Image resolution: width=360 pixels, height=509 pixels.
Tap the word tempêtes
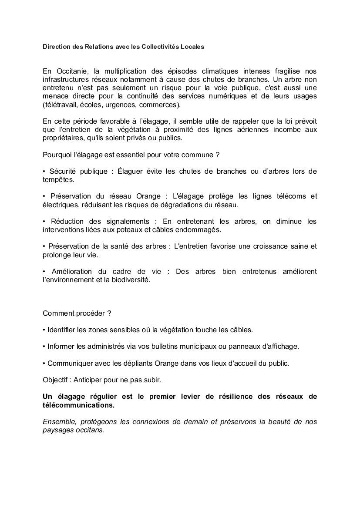(59, 179)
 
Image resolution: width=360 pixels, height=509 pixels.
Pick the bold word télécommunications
(79, 405)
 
